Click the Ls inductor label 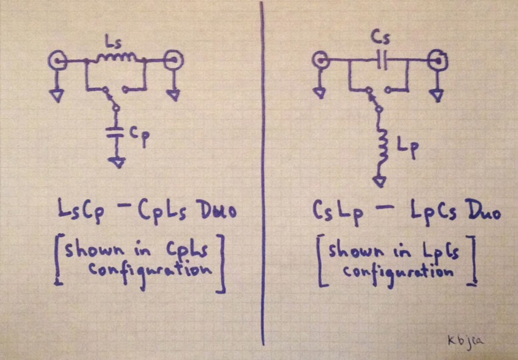tap(112, 41)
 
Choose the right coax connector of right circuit tap(436, 60)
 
